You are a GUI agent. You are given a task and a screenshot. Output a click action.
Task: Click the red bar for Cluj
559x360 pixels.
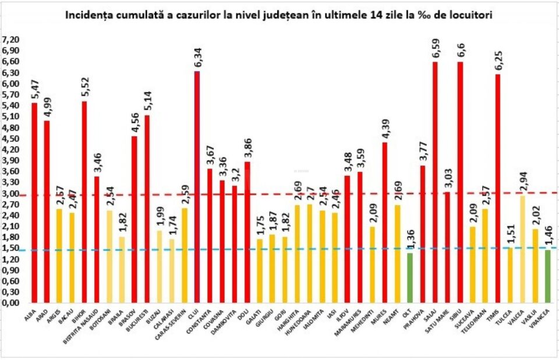pyautogui.click(x=197, y=186)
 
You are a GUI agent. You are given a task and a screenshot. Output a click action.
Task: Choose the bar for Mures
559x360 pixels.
pyautogui.click(x=385, y=222)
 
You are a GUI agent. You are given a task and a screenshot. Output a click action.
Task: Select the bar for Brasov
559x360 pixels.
pyautogui.click(x=135, y=219)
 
